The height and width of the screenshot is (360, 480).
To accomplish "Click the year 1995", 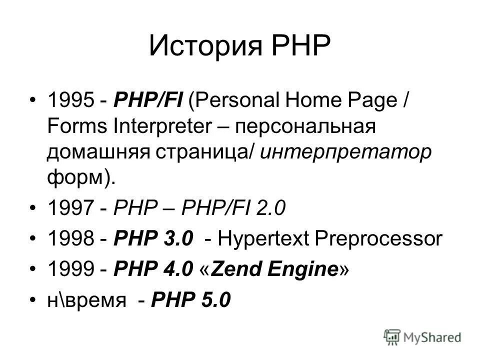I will tap(69, 99).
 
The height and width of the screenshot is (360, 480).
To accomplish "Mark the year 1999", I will tap(69, 269).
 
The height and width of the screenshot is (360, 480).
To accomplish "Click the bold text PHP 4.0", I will tap(154, 269).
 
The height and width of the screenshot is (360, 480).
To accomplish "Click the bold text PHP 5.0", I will tap(191, 300).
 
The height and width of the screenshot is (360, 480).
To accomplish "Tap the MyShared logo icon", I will tap(393, 337).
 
